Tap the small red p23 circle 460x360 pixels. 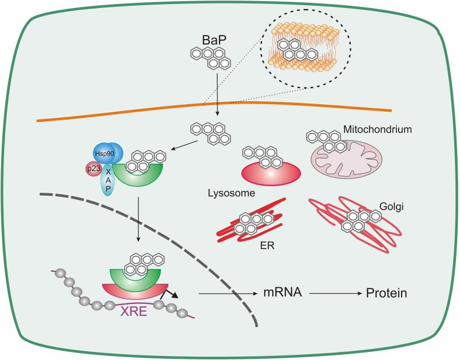93,170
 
